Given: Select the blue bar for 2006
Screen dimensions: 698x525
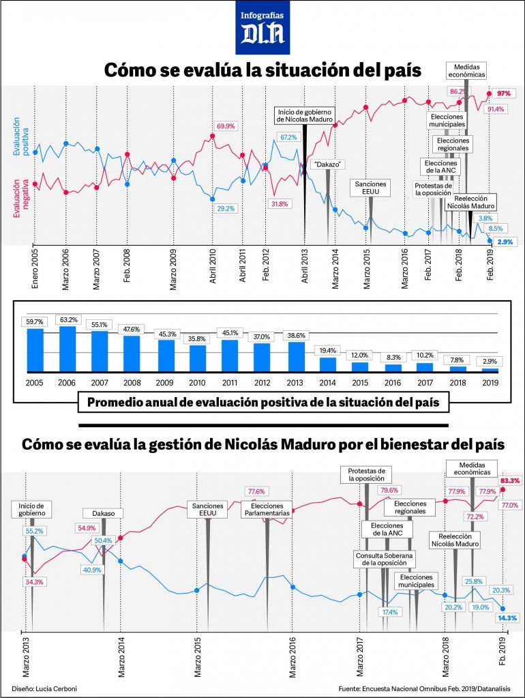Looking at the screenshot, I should click(x=67, y=349).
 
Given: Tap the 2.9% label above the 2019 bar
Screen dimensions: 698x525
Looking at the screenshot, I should click(x=490, y=361).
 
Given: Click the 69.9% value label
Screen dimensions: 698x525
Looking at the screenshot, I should click(x=226, y=126).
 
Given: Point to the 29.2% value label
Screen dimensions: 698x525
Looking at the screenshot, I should click(x=225, y=208).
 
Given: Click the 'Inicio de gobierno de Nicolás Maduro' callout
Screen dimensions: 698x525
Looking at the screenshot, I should click(x=304, y=115).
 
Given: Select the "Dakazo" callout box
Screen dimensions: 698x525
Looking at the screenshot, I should click(x=328, y=164).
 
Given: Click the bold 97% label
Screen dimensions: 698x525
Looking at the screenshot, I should click(x=504, y=93).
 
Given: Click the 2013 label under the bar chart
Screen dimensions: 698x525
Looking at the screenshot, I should click(x=297, y=383).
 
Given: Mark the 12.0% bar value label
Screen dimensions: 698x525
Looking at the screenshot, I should click(x=359, y=355).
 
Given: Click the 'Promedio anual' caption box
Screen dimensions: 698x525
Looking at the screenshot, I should click(x=268, y=403).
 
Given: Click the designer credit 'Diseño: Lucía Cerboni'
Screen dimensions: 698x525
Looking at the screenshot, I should click(x=44, y=688).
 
